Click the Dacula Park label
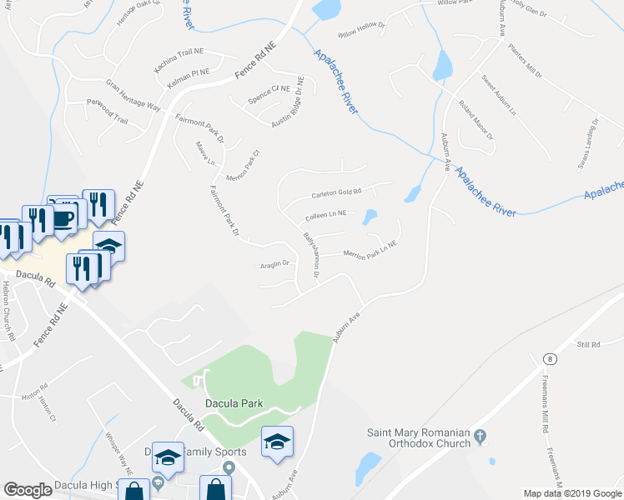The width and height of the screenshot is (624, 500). (234, 403)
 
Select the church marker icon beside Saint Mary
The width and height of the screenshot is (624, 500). (480, 435)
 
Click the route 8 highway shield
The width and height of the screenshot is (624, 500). (549, 358)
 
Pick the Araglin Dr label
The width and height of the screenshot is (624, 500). (274, 263)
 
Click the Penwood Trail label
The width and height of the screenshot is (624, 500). (108, 110)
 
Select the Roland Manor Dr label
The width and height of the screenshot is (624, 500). (476, 119)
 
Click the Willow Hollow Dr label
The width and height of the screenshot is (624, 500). (361, 30)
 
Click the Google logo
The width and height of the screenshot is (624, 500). (28, 490)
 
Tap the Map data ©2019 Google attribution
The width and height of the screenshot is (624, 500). (571, 493)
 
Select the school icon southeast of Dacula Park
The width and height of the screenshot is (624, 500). (278, 441)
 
